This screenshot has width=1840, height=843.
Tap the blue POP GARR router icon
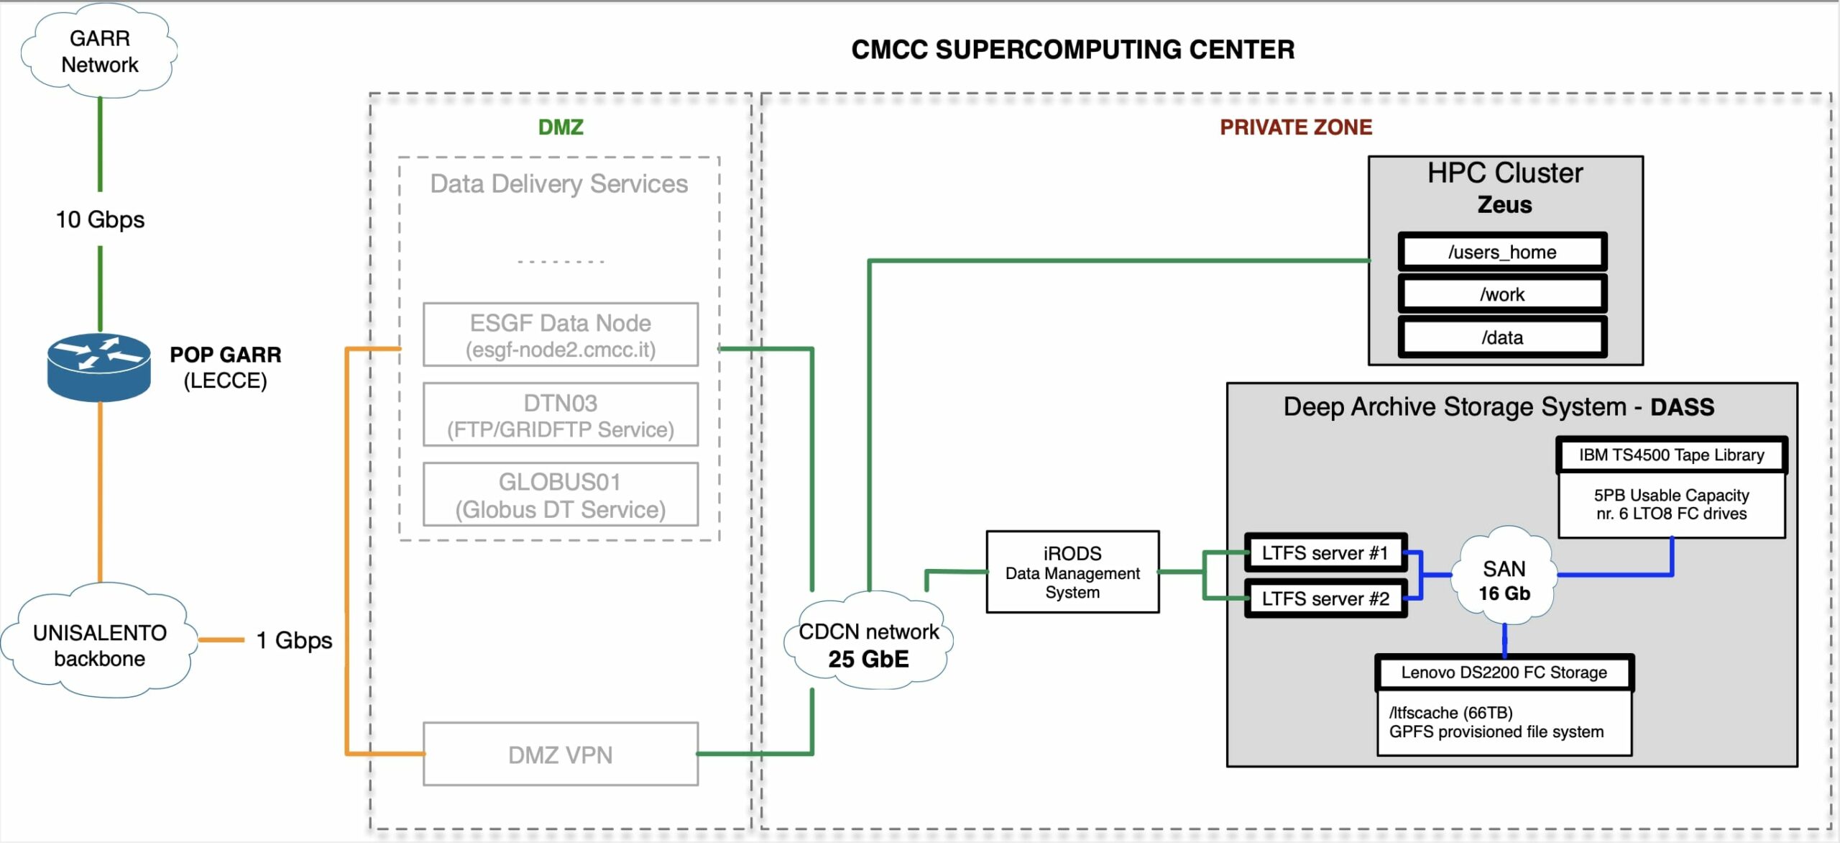click(99, 367)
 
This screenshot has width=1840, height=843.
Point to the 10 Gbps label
click(100, 219)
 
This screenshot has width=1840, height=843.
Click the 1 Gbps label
click(294, 640)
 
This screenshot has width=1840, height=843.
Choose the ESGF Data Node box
click(561, 335)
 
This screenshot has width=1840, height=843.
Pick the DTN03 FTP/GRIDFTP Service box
click(561, 415)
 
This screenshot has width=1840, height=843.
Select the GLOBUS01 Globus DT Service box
click(561, 495)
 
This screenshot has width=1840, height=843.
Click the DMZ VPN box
click(561, 755)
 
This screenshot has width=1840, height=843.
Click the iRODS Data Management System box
click(1072, 573)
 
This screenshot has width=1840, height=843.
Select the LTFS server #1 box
click(1325, 553)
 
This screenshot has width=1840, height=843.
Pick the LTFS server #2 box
click(1325, 598)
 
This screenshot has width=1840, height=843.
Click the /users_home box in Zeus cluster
click(1502, 252)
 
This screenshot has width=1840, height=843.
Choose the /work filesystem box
click(1502, 294)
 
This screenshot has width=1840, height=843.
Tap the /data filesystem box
click(1502, 337)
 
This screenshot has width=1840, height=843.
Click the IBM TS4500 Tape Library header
click(1671, 455)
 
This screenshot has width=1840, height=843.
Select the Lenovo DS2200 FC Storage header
click(1504, 673)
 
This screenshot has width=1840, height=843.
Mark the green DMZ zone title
click(561, 127)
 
